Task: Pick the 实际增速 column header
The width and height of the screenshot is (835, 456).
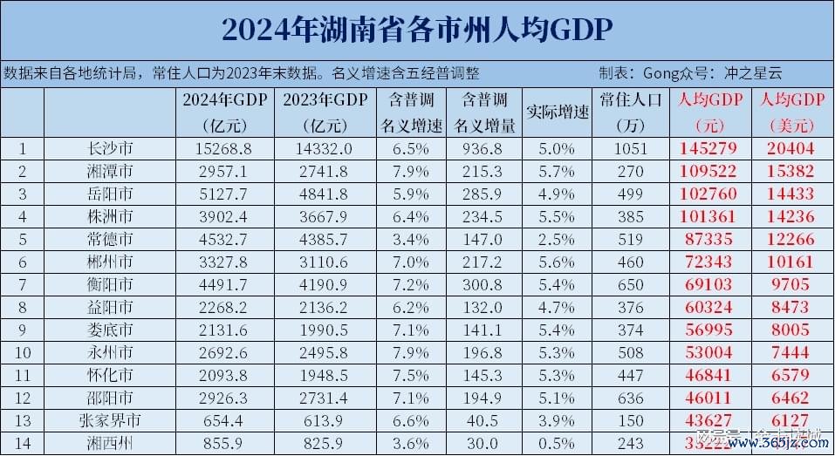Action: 558,112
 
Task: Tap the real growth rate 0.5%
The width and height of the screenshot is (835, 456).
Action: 558,443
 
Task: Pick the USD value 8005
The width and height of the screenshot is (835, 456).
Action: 795,330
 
